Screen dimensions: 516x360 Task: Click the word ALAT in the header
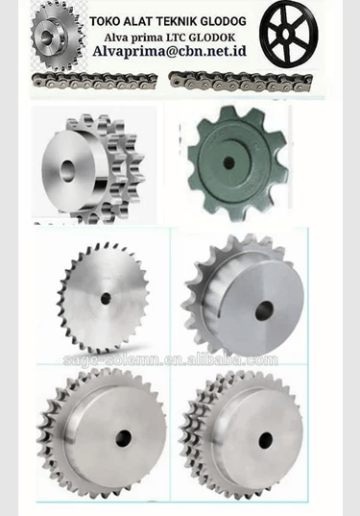click(x=143, y=19)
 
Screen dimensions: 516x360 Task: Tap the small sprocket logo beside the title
click(x=58, y=37)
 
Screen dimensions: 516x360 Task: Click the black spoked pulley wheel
click(x=287, y=33)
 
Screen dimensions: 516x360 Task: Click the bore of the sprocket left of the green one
click(x=68, y=170)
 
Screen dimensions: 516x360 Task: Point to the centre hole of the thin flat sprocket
click(x=106, y=299)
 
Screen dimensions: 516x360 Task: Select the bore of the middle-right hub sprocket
click(x=264, y=310)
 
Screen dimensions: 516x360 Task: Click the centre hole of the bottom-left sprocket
click(x=123, y=438)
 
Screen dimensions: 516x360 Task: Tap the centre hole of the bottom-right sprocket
click(x=266, y=439)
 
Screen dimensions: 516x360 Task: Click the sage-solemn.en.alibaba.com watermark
click(x=171, y=360)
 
